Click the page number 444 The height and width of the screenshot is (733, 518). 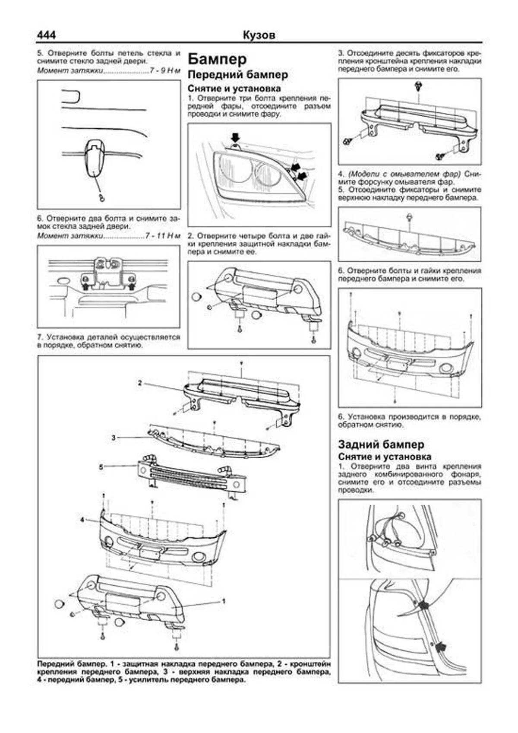[x=46, y=34]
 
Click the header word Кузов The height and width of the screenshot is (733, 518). [x=259, y=35]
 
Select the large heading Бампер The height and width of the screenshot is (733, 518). [x=218, y=58]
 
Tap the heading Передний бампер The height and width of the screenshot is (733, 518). [x=238, y=74]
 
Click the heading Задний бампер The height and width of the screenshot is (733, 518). [x=381, y=444]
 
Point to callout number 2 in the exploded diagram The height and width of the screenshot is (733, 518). [x=140, y=383]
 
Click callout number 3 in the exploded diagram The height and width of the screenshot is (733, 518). [x=114, y=438]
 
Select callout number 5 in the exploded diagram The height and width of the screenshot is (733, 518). [x=101, y=467]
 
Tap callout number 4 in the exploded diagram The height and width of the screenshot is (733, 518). [x=82, y=520]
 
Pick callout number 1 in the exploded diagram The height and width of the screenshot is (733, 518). [x=224, y=600]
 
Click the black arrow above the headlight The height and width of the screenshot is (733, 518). [x=234, y=137]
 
